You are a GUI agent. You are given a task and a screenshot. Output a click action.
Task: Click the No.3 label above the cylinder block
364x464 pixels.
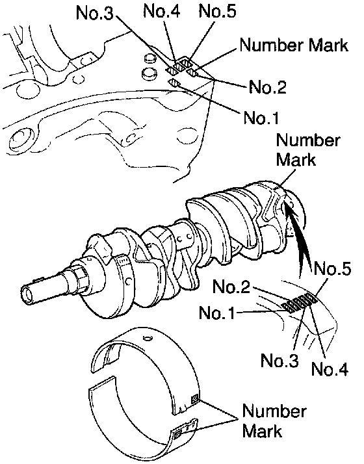(94, 14)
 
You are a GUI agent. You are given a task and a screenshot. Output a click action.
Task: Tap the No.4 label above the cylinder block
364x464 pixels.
(161, 12)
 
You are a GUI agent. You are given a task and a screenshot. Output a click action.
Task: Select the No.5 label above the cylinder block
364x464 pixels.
(218, 12)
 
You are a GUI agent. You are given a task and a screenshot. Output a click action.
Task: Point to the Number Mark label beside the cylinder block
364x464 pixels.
(294, 45)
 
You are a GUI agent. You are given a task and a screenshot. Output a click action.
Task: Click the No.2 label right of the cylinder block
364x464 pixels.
(268, 86)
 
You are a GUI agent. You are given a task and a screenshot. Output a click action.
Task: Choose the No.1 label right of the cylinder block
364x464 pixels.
(261, 118)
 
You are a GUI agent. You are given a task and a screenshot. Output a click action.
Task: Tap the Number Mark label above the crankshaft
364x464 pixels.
(307, 149)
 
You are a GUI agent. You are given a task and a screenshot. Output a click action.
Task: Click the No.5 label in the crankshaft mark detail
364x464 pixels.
(332, 269)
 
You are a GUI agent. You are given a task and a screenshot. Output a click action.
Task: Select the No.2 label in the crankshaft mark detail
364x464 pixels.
(231, 287)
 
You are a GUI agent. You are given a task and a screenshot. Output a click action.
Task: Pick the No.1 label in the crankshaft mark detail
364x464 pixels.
(217, 313)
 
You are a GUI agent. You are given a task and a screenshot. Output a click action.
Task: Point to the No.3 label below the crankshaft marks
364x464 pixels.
(279, 360)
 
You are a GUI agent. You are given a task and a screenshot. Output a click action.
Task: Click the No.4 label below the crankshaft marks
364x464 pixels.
(330, 368)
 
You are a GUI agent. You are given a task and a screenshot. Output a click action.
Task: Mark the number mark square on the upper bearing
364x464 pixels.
(195, 400)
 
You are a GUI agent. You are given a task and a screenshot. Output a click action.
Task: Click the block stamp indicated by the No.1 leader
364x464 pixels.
(175, 83)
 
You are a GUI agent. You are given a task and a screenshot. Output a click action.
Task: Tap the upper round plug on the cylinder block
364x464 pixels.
(149, 58)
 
